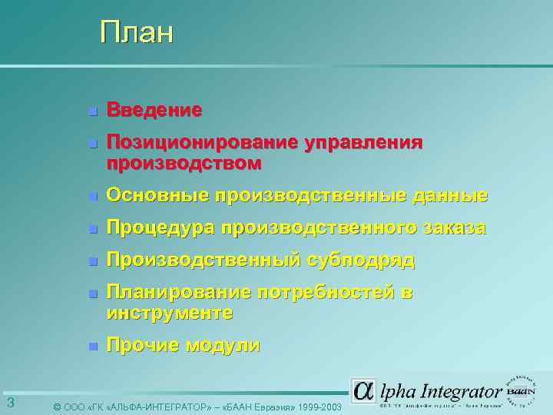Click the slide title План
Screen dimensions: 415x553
tap(137, 33)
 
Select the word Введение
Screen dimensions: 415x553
tap(154, 111)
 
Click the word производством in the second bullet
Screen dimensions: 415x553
tap(184, 164)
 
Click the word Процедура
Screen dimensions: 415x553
tap(161, 228)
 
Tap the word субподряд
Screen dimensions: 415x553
tap(362, 261)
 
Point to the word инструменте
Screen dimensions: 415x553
tap(170, 314)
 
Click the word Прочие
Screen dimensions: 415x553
tap(143, 346)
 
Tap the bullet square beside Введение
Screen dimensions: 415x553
tap(92, 112)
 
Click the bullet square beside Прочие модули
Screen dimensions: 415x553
tap(92, 347)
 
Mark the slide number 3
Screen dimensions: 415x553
tap(10, 403)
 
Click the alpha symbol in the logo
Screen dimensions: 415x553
tap(363, 391)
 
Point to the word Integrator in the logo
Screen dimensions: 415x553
tap(459, 390)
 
